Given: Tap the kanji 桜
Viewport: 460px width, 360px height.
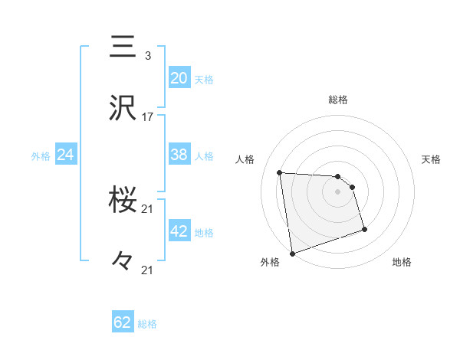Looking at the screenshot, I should click(x=123, y=201).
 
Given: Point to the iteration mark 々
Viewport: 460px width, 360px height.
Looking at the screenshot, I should click(x=122, y=261).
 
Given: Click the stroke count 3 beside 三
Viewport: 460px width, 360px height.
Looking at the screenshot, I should click(x=147, y=55).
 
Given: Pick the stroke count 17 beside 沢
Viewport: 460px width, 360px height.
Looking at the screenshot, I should click(x=148, y=116).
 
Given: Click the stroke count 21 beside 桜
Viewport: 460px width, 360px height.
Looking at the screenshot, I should click(x=148, y=208).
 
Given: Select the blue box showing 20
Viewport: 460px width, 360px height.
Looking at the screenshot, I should click(x=179, y=78).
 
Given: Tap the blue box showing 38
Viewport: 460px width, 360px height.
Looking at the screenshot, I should click(x=179, y=155).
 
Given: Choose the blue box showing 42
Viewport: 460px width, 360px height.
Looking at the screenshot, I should click(x=179, y=231).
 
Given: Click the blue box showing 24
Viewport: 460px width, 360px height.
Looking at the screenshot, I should click(x=66, y=155).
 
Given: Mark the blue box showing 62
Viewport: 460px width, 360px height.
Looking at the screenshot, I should click(x=123, y=322).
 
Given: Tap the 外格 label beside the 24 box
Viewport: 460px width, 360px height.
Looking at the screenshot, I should click(x=41, y=156).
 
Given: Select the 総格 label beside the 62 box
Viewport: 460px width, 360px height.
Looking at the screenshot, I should click(x=148, y=324).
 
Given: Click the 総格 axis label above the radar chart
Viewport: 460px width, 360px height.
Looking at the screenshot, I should click(x=338, y=100).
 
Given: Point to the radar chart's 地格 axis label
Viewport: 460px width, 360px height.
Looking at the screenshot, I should click(x=402, y=263).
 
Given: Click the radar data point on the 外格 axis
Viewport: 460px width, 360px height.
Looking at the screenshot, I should click(x=291, y=254).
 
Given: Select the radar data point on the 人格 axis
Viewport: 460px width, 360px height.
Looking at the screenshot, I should click(x=279, y=172).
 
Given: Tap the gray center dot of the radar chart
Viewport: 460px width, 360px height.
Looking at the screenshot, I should click(x=338, y=192).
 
